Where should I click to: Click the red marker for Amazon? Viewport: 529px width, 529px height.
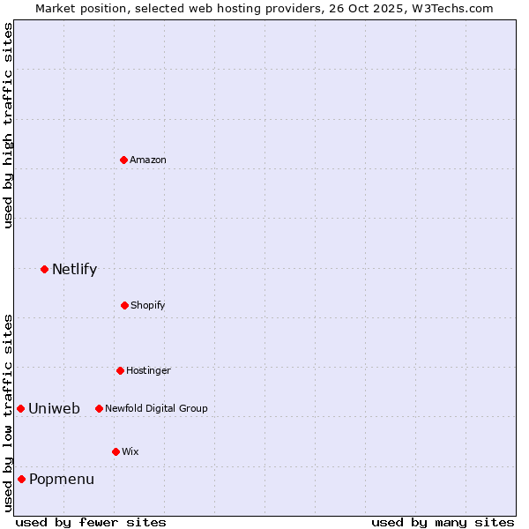pyautogui.click(x=123, y=160)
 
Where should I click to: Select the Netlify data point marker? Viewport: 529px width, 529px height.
pyautogui.click(x=44, y=269)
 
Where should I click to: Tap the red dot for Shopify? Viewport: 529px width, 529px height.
pyautogui.click(x=124, y=305)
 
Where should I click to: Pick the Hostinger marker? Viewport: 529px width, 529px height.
pyautogui.click(x=120, y=370)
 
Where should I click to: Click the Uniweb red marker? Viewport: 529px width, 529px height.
pyautogui.click(x=20, y=408)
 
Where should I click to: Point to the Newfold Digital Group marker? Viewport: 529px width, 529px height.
pyautogui.click(x=99, y=408)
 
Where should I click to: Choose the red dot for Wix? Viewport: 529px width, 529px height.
pyautogui.click(x=115, y=451)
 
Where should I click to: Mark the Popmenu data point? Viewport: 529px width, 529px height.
pyautogui.click(x=21, y=479)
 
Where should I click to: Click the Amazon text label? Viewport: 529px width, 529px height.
pyautogui.click(x=148, y=160)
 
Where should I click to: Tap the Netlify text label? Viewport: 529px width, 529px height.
pyautogui.click(x=74, y=270)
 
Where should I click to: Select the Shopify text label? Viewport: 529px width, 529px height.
pyautogui.click(x=148, y=305)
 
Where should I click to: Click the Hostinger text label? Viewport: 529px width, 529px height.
pyautogui.click(x=148, y=370)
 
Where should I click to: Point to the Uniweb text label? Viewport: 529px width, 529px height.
pyautogui.click(x=54, y=408)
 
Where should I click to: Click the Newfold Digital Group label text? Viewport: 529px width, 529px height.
pyautogui.click(x=156, y=408)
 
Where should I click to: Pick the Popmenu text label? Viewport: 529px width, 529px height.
pyautogui.click(x=62, y=480)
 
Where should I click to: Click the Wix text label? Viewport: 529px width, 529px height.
pyautogui.click(x=130, y=451)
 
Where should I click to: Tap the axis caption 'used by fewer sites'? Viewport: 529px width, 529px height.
pyautogui.click(x=91, y=522)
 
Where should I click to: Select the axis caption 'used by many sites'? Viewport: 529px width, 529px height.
pyautogui.click(x=443, y=522)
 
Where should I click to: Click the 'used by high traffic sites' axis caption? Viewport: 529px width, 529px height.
pyautogui.click(x=8, y=126)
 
